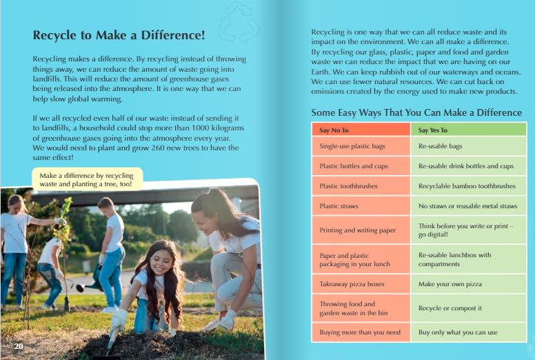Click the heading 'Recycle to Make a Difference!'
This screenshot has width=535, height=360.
(x=119, y=35)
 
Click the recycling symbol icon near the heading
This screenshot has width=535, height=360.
(x=238, y=22)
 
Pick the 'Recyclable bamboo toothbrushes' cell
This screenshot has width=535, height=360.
(x=467, y=186)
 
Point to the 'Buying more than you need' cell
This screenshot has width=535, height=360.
(x=361, y=332)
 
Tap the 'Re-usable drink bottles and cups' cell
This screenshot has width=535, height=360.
(x=466, y=166)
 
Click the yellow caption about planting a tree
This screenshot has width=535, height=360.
(x=86, y=180)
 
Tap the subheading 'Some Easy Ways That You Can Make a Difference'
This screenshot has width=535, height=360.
(x=416, y=112)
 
